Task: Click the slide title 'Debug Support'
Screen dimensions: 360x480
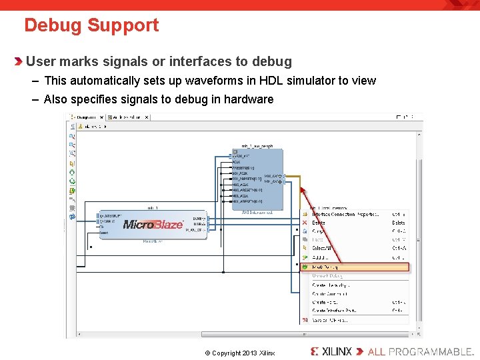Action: coord(91,25)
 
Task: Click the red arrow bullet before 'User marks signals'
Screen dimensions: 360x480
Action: coord(19,62)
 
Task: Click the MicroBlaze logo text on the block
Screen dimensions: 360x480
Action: coord(153,225)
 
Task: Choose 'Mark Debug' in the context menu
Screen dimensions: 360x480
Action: coord(326,267)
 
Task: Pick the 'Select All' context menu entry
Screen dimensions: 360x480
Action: coord(323,248)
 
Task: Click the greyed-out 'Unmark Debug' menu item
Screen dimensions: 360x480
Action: coord(327,275)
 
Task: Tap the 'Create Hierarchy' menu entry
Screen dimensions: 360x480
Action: coord(331,285)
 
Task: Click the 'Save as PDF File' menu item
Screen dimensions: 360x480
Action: coord(329,320)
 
